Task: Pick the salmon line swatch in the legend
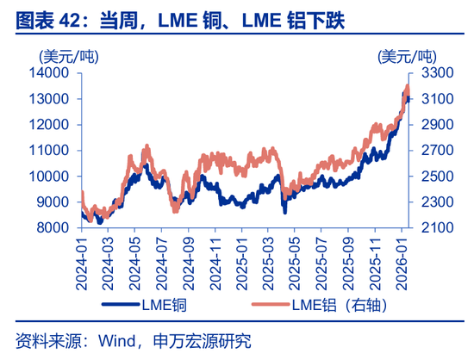(269, 304)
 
